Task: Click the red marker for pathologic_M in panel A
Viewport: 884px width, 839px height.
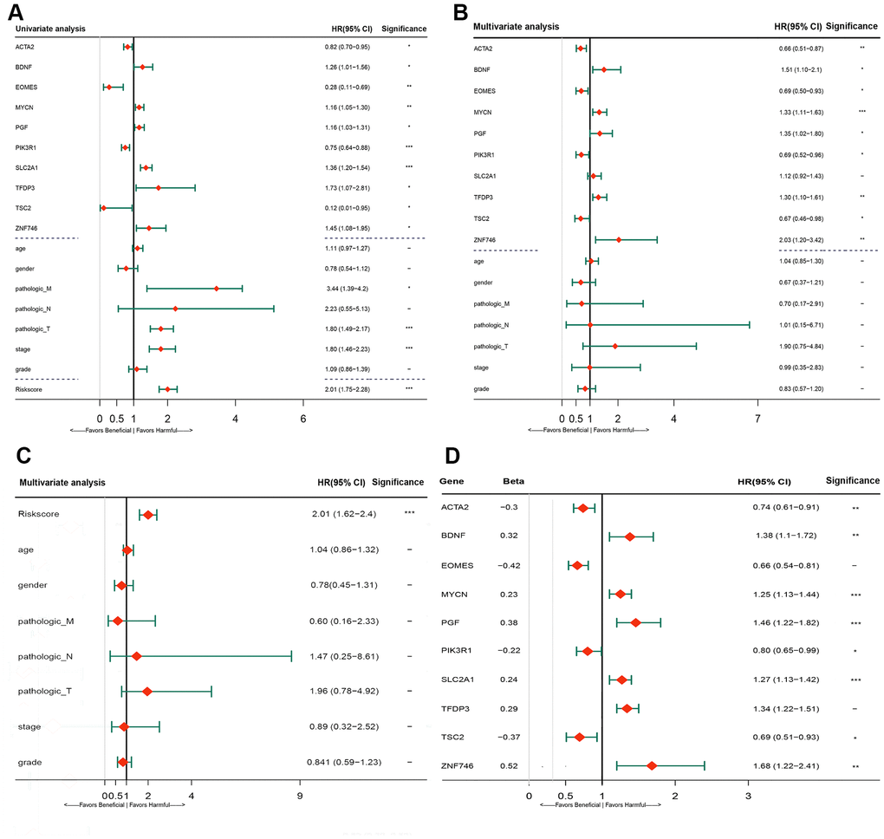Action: click(216, 288)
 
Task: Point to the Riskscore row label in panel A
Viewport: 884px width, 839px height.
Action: click(29, 389)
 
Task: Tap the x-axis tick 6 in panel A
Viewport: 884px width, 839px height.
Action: click(303, 417)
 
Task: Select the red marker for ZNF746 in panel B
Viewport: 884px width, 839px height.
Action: click(619, 239)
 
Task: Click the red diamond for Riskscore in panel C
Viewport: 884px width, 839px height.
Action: click(148, 515)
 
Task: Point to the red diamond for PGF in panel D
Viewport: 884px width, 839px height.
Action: click(635, 622)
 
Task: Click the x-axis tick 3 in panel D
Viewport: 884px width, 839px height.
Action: click(748, 796)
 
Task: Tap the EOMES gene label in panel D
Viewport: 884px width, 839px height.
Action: click(456, 565)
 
